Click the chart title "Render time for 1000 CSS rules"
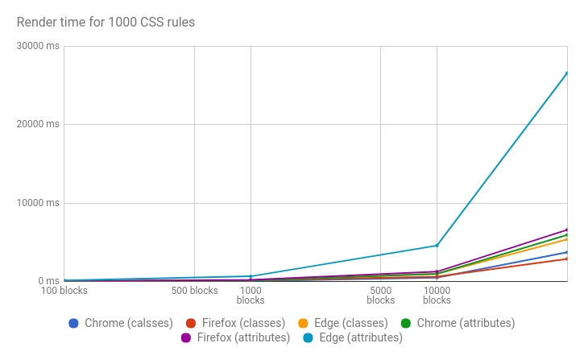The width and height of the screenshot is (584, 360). click(x=106, y=22)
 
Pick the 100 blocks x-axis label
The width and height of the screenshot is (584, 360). click(x=64, y=291)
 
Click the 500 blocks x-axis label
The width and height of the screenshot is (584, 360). click(x=194, y=291)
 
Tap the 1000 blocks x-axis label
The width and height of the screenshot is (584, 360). click(x=251, y=295)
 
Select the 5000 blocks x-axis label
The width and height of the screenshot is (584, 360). click(x=380, y=295)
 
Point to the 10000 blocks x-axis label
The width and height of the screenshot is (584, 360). click(x=437, y=295)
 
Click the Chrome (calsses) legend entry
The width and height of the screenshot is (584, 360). click(x=121, y=323)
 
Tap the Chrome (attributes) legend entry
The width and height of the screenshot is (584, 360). click(x=457, y=323)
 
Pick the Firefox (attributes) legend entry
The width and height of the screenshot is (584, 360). click(x=234, y=338)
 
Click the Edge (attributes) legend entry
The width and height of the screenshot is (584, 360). click(x=353, y=338)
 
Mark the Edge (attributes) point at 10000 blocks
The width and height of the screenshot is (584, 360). click(x=437, y=246)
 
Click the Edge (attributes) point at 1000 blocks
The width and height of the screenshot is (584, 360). click(x=251, y=276)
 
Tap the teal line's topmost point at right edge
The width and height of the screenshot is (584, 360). click(x=566, y=73)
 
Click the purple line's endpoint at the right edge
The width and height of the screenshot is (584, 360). click(x=566, y=230)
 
